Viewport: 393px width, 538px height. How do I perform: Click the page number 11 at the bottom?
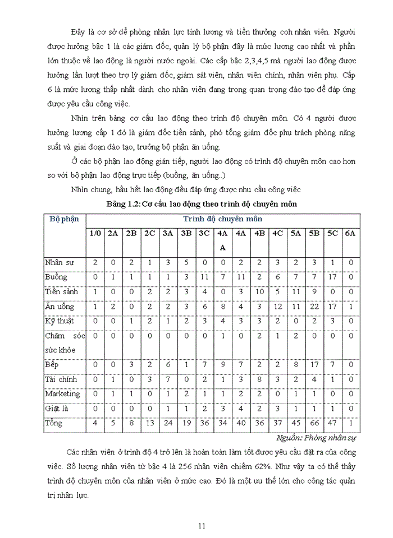[x=203, y=526]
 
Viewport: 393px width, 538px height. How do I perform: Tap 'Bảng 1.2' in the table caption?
[x=122, y=204]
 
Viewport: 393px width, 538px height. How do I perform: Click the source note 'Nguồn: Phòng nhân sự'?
[x=318, y=437]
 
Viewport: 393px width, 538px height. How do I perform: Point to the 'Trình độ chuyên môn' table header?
[x=222, y=219]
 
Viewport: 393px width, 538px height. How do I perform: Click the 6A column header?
[x=350, y=233]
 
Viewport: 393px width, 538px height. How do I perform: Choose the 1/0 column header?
[x=95, y=233]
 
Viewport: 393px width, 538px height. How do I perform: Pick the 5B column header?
[x=314, y=233]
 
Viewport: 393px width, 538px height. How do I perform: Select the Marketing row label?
[x=63, y=393]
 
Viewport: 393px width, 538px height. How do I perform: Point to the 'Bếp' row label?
[x=52, y=364]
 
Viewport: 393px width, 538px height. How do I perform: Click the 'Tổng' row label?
[x=54, y=423]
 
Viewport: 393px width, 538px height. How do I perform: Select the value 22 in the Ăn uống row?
[x=314, y=306]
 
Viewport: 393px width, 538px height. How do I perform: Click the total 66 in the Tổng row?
[x=314, y=423]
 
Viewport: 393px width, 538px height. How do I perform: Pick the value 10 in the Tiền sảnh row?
[x=259, y=291]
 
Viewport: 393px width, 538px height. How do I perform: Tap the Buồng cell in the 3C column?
[x=204, y=277]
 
